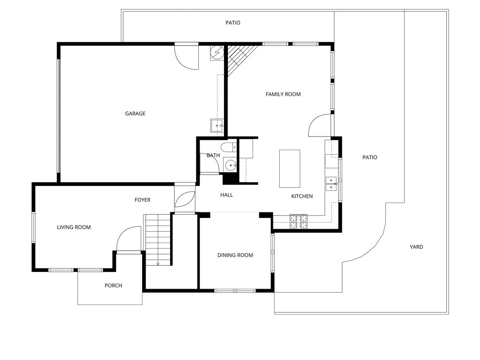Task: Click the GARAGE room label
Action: [x=135, y=113]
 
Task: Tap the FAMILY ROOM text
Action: [x=283, y=94]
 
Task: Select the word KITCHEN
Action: [x=302, y=196]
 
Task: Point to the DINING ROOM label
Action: [x=235, y=255]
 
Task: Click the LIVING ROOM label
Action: [x=74, y=227]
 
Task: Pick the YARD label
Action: [x=416, y=247]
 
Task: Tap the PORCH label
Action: [x=113, y=285]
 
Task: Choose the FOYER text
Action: [x=142, y=200]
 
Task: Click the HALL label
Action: [x=226, y=195]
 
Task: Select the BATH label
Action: [x=213, y=155]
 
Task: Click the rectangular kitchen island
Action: [x=289, y=168]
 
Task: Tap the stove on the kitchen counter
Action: [x=299, y=221]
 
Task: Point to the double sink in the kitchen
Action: [x=331, y=183]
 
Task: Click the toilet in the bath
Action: [x=229, y=148]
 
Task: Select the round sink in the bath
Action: [x=230, y=165]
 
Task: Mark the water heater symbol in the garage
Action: [x=217, y=53]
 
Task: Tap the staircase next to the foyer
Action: [x=157, y=239]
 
